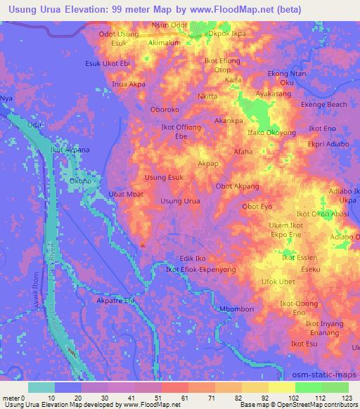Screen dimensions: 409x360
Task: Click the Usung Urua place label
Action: [x=180, y=202]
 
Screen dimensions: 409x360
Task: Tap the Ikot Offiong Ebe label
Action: [x=181, y=131]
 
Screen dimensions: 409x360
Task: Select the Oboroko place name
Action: [x=167, y=110]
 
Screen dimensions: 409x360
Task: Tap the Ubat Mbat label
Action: [x=126, y=193]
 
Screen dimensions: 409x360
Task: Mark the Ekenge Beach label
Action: [x=324, y=105]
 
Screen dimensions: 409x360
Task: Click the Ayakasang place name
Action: [x=274, y=93]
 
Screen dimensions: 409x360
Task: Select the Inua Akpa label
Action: [x=129, y=84]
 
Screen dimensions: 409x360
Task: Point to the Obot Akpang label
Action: [x=238, y=186]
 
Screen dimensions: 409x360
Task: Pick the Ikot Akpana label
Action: [x=69, y=150]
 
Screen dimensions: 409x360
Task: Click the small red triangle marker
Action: [x=143, y=245]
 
